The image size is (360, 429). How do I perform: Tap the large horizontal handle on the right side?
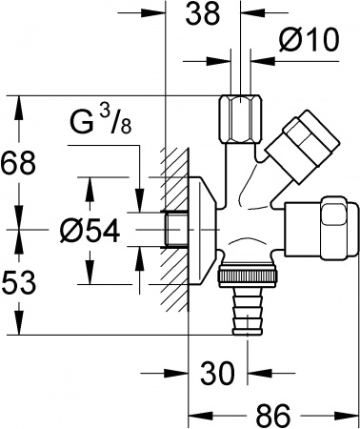[322, 227]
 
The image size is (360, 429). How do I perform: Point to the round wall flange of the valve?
[204, 229]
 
